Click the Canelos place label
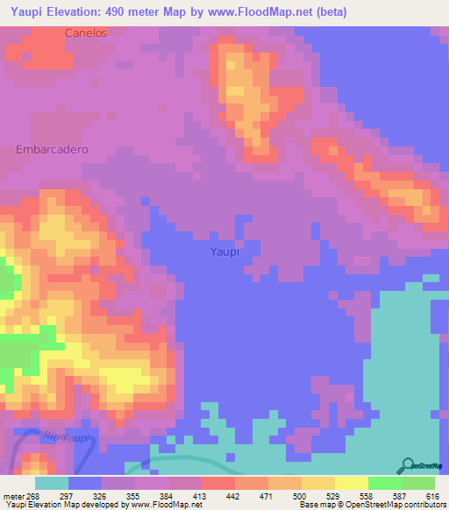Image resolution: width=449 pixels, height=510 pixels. pos(85,33)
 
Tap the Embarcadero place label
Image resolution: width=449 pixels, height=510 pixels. pos(53,150)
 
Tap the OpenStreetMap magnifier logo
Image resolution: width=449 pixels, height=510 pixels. pos(409,465)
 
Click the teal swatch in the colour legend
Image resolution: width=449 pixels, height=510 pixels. pos(52,484)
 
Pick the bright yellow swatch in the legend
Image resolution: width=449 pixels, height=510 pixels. pos(352,484)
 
